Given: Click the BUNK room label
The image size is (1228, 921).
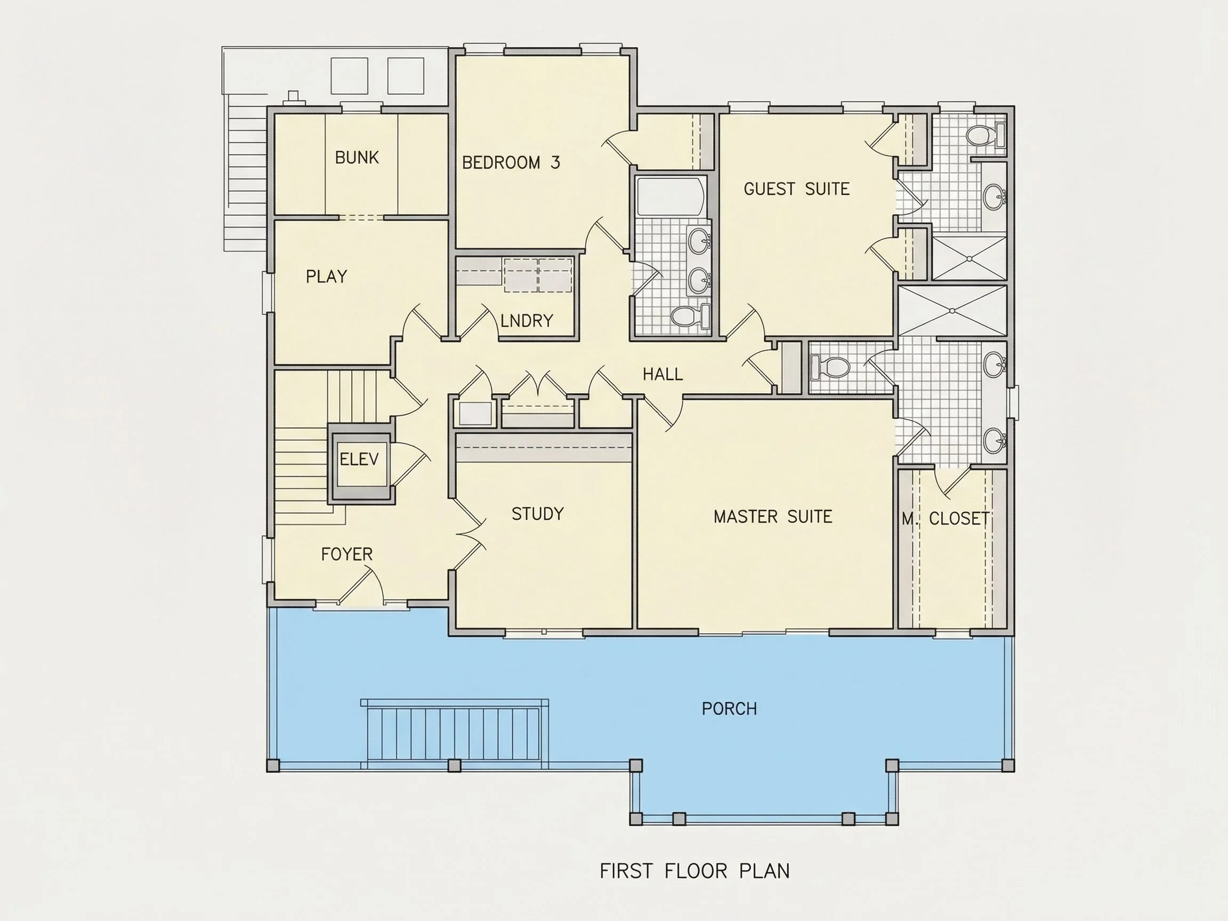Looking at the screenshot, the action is [357, 158].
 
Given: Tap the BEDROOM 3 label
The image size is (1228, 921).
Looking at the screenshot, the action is [511, 163].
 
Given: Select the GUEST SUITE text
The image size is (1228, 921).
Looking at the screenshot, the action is [797, 189].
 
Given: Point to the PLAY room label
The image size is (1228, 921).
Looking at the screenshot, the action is [326, 277].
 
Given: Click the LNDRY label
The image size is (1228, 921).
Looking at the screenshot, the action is [527, 321].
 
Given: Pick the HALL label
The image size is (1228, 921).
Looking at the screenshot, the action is [663, 374].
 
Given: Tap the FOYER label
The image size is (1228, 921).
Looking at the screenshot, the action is [347, 554].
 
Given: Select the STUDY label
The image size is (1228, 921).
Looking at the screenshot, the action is [537, 514].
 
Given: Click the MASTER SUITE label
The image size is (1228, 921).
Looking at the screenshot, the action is [773, 517].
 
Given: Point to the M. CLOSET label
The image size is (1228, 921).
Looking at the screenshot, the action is [945, 519].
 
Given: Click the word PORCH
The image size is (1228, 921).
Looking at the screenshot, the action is [730, 709].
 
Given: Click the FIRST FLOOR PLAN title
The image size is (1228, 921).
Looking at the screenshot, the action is [695, 871].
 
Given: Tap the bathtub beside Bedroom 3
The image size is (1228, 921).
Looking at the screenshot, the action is [671, 197].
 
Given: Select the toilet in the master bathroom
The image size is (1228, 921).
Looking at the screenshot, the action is [830, 367].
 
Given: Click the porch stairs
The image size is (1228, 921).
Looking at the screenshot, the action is [454, 734].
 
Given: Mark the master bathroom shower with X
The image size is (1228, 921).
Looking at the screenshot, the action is [952, 311].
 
